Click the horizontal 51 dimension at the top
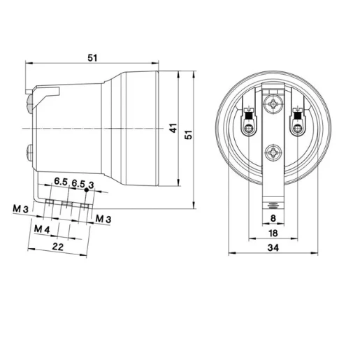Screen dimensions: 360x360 [x=92, y=58]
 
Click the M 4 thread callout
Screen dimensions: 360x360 [x=41, y=229]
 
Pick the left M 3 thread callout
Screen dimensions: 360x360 [x=20, y=208]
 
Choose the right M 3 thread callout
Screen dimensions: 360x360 [x=103, y=219]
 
